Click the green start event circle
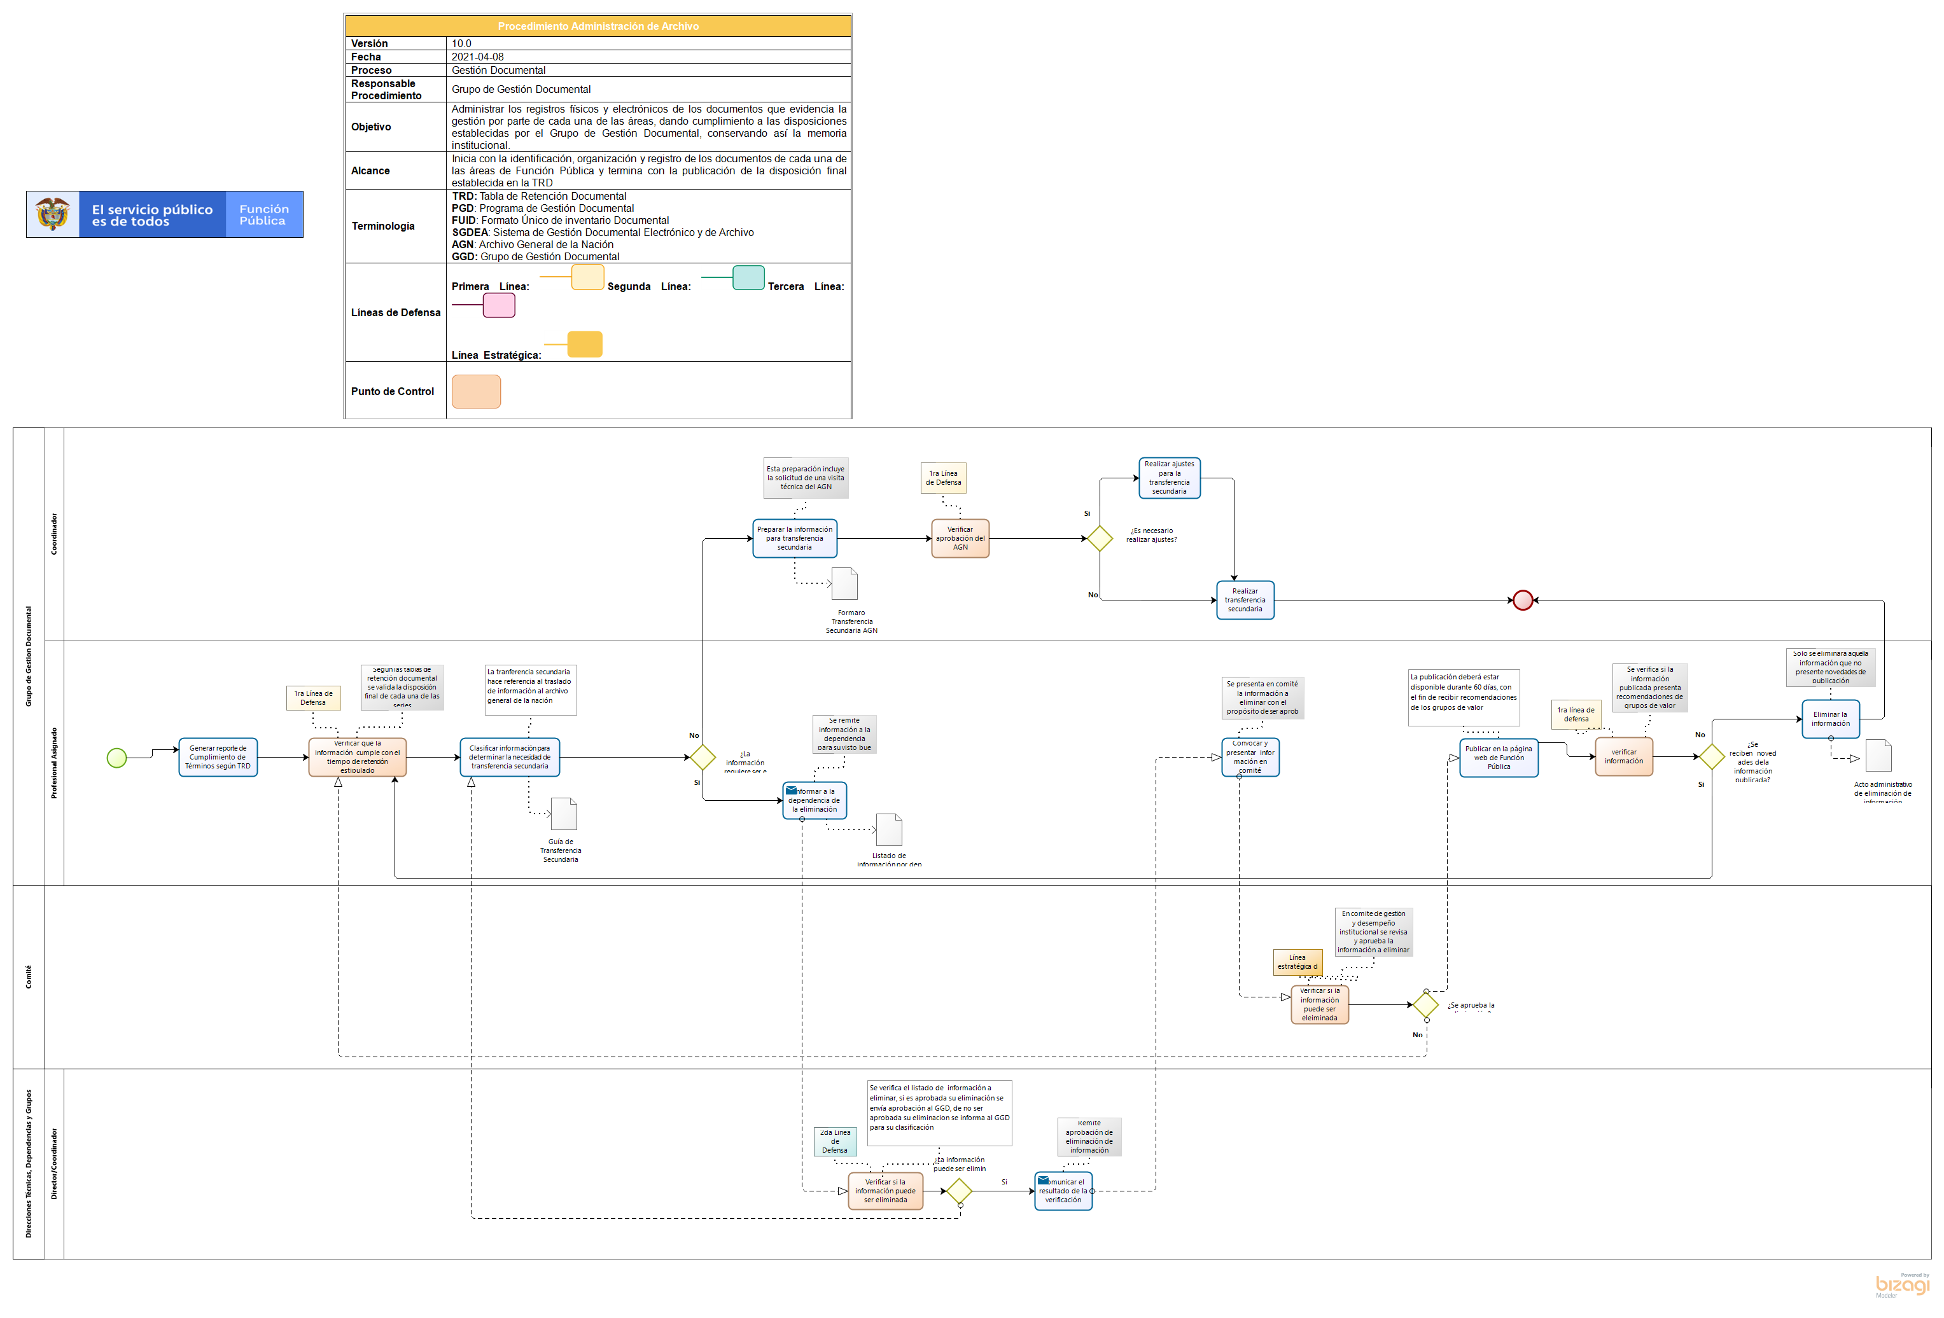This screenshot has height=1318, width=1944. (x=116, y=758)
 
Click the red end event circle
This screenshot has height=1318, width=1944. (x=1522, y=600)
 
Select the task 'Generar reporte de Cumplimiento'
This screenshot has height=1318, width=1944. (x=218, y=757)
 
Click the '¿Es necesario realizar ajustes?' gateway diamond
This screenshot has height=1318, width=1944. (x=1099, y=538)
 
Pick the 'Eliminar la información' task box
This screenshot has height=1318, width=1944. (x=1830, y=718)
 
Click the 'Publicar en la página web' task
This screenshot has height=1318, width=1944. (x=1498, y=758)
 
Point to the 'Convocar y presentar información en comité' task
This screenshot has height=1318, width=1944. (x=1250, y=757)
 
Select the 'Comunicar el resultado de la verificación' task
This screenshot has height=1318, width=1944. (x=1063, y=1191)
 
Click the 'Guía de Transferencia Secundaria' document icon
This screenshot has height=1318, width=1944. (x=564, y=814)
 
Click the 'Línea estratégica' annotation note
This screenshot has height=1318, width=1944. (x=1297, y=962)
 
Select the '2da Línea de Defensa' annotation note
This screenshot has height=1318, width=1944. (x=835, y=1141)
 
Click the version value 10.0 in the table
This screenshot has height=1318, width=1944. (x=462, y=43)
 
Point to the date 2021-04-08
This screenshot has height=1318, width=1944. (x=478, y=57)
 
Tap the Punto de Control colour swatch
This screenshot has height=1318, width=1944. (x=476, y=391)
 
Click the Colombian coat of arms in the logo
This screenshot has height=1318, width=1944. (x=53, y=214)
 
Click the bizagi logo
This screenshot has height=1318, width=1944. (x=1901, y=1284)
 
